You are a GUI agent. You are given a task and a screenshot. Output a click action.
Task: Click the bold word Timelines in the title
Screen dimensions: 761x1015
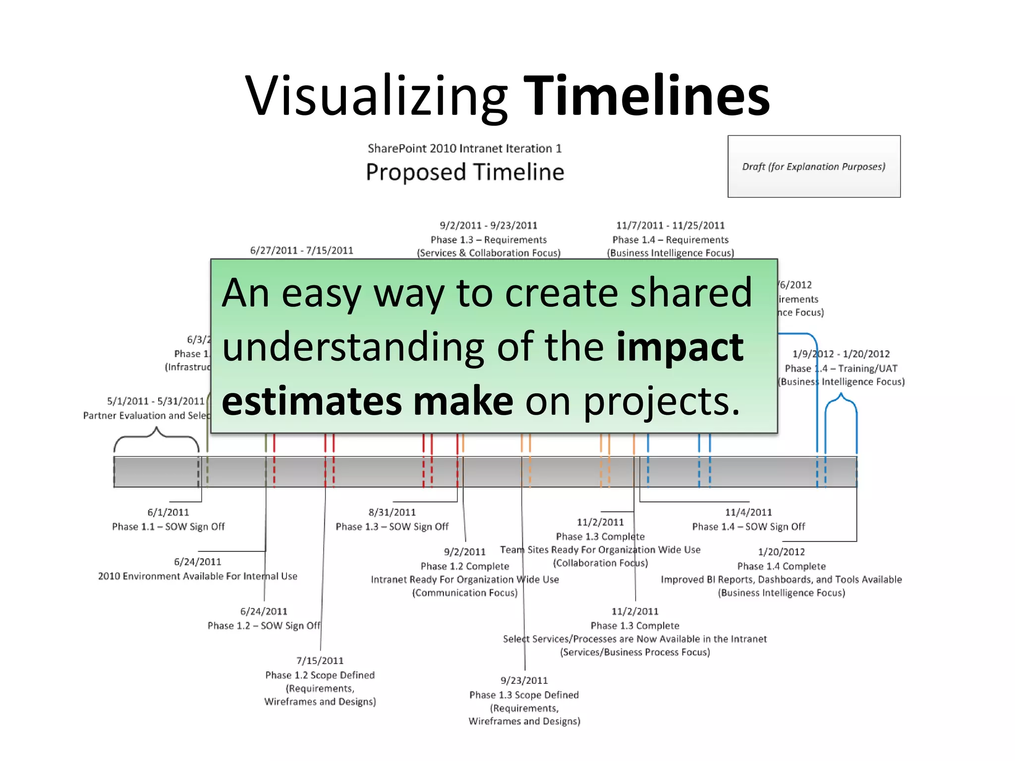[x=646, y=95]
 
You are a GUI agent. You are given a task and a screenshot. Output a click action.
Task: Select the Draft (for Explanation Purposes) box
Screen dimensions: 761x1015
[x=813, y=166]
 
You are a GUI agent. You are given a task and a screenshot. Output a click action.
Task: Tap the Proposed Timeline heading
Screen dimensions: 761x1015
[x=465, y=172]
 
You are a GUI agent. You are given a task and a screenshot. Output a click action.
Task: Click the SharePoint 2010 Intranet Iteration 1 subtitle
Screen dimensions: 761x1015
[x=464, y=148]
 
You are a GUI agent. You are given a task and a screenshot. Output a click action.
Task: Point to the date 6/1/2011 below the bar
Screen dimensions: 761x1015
[x=168, y=512]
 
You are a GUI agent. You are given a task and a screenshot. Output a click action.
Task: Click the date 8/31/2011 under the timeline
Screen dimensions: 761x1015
[x=392, y=512]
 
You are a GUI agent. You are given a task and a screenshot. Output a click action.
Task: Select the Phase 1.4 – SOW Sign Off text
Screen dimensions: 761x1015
[x=748, y=527]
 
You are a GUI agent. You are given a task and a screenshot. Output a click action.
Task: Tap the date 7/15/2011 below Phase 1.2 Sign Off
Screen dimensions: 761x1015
[x=320, y=661]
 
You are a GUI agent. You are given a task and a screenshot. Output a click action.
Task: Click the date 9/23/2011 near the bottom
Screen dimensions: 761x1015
[x=524, y=681]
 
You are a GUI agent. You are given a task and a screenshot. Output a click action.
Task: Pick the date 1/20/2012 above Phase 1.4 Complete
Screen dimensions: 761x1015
[x=781, y=552]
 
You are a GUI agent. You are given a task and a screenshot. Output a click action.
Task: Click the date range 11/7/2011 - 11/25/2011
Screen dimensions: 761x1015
[x=670, y=225]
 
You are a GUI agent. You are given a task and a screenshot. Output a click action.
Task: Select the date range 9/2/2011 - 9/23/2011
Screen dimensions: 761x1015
[x=488, y=225]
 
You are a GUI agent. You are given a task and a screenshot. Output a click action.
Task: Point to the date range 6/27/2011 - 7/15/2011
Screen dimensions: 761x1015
[x=301, y=251]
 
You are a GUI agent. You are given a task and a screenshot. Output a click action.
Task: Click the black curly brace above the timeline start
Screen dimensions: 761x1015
[x=157, y=437]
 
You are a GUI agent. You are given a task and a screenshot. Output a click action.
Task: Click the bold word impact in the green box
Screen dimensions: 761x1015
[x=679, y=347]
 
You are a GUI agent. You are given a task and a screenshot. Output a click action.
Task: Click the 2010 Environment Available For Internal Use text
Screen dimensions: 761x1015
[x=197, y=576]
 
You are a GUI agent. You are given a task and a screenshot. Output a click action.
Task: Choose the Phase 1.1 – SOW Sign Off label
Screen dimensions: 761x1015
[x=168, y=527]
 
